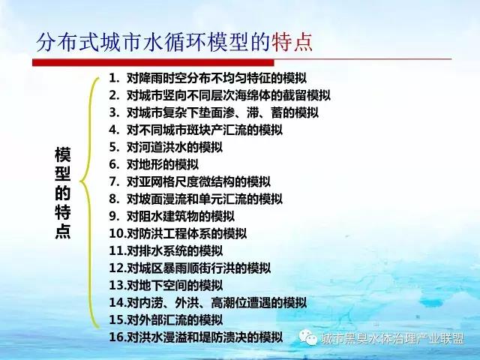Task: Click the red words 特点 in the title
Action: pyautogui.click(x=292, y=42)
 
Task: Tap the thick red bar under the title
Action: pyautogui.click(x=153, y=62)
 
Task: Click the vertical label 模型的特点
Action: pyautogui.click(x=63, y=193)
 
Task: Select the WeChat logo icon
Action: pyautogui.click(x=308, y=337)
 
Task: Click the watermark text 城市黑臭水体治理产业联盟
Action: pyautogui.click(x=393, y=338)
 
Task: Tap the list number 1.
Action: pyautogui.click(x=114, y=78)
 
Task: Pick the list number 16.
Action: pyautogui.click(x=118, y=337)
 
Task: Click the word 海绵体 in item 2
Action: pyautogui.click(x=253, y=95)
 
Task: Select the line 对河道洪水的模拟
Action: pyautogui.click(x=175, y=147)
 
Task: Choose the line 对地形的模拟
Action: pyautogui.click(x=163, y=164)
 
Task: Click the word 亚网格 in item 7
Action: pyautogui.click(x=157, y=181)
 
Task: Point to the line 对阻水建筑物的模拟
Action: pyautogui.click(x=181, y=217)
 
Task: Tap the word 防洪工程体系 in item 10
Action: pyautogui.click(x=175, y=233)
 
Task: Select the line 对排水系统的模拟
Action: pyautogui.click(x=175, y=250)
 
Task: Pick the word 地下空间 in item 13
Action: pyautogui.click(x=163, y=285)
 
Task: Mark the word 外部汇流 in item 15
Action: pyautogui.click(x=163, y=319)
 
